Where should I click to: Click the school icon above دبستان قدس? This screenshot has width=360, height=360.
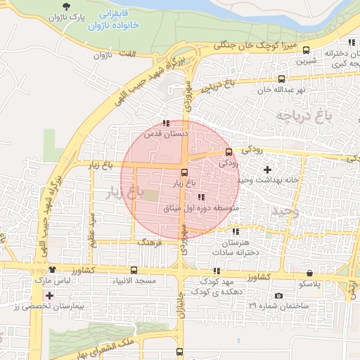[165, 122]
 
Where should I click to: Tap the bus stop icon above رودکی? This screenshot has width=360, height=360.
[229, 152]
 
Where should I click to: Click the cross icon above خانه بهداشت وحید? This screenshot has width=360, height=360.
[266, 169]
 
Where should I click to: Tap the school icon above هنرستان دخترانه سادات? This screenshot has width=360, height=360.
[235, 231]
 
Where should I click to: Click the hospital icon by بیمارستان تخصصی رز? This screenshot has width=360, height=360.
[49, 295]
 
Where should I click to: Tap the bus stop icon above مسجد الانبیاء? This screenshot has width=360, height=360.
[134, 270]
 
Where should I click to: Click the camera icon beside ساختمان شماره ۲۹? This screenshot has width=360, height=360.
[278, 296]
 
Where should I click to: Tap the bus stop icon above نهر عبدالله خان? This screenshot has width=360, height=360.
[282, 79]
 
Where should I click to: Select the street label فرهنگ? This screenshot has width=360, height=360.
[150, 241]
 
